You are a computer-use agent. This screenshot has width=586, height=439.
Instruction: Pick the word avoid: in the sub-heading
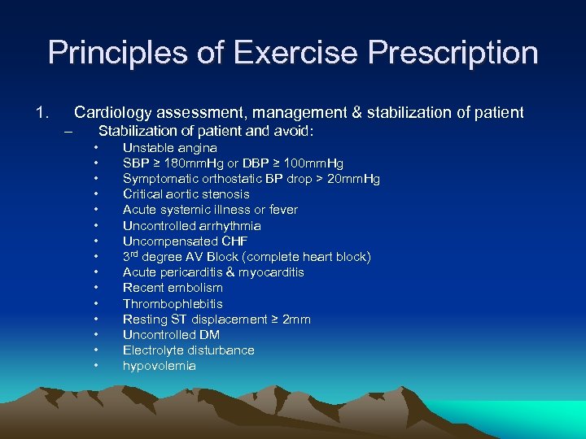(294, 131)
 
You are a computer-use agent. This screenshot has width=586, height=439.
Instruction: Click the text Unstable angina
(169, 148)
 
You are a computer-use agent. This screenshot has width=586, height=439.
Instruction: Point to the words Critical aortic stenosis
(186, 194)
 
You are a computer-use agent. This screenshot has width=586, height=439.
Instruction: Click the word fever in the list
(282, 210)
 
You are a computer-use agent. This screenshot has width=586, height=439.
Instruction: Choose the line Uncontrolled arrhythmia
(191, 225)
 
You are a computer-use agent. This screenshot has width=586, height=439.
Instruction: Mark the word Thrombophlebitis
(173, 303)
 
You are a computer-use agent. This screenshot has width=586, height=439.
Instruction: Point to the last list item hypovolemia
(159, 366)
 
